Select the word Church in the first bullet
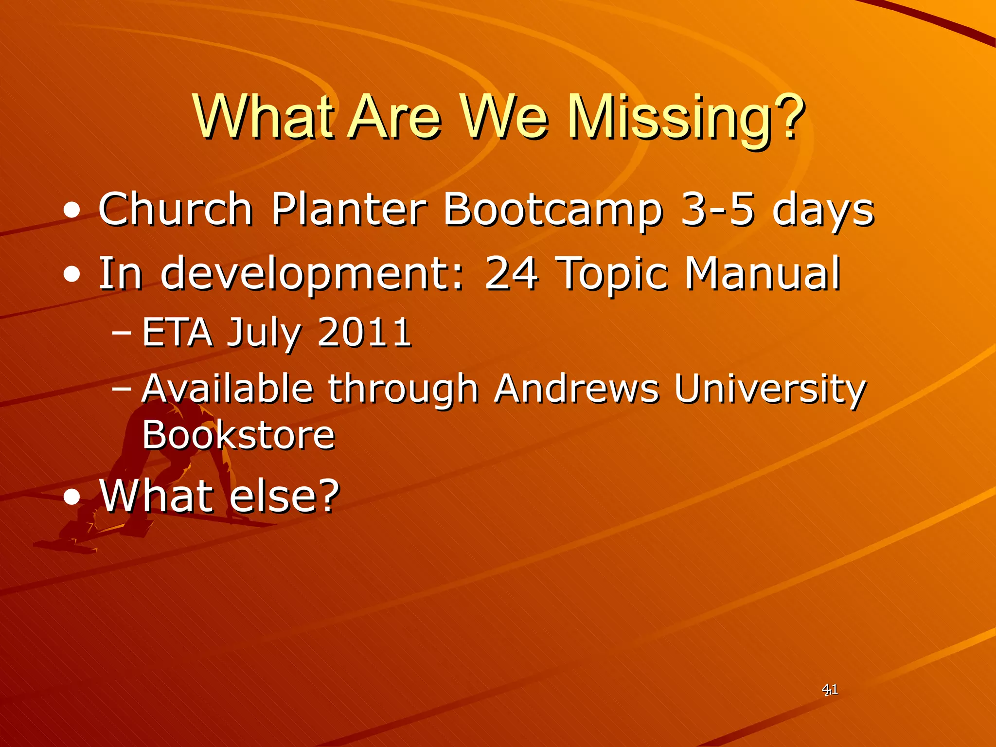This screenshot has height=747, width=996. [x=176, y=209]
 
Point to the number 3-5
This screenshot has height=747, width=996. [x=717, y=209]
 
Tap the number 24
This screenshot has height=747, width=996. [x=512, y=273]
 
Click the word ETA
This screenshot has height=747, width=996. [x=178, y=333]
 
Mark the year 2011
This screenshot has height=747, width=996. [x=364, y=333]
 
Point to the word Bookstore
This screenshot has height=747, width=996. [x=238, y=435]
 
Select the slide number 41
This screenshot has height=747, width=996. [x=830, y=689]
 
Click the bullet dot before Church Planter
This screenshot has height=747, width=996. [x=72, y=211]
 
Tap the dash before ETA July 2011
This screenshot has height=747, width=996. [x=122, y=334]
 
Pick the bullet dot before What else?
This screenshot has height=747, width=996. [x=72, y=498]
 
